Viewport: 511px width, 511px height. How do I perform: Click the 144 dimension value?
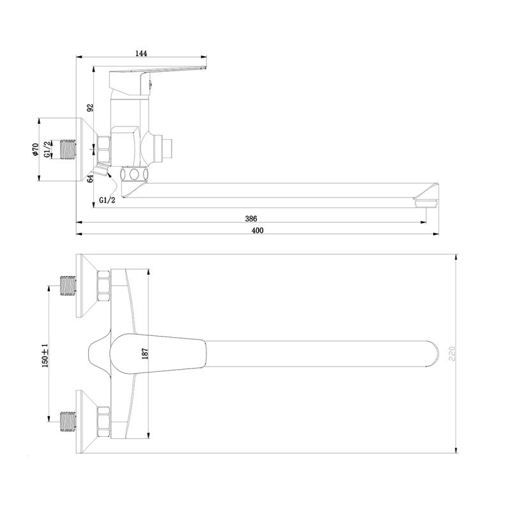(x=141, y=54)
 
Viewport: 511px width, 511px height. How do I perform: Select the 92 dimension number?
(x=90, y=107)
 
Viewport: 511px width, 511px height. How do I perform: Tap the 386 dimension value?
(x=251, y=218)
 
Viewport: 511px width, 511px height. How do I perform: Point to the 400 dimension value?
(x=257, y=231)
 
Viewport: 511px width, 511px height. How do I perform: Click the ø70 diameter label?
(x=35, y=149)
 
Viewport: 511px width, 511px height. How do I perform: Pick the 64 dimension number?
(x=90, y=178)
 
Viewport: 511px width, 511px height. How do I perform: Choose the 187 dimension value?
(x=145, y=354)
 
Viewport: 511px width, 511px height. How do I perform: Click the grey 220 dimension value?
(x=452, y=354)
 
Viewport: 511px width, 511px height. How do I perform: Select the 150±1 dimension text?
(x=45, y=355)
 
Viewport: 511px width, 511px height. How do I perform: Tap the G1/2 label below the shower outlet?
(x=107, y=201)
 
